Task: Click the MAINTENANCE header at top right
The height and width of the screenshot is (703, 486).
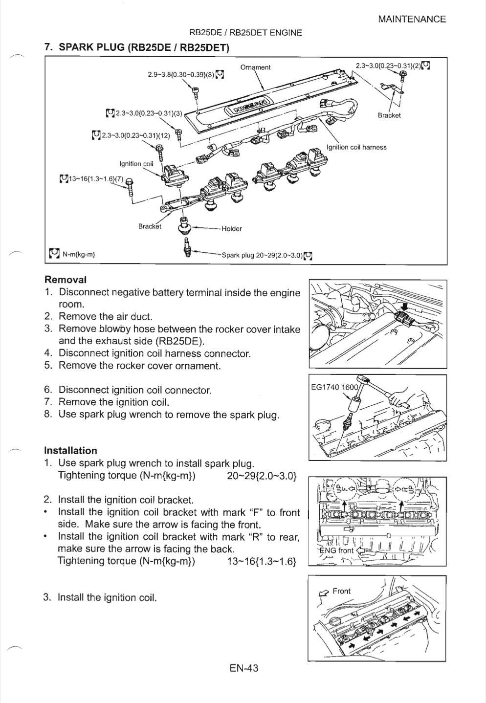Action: [412, 19]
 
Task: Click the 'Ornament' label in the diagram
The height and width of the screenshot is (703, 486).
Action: [255, 67]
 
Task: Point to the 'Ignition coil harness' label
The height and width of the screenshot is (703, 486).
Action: [356, 147]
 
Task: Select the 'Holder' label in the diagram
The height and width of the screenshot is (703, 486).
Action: [231, 228]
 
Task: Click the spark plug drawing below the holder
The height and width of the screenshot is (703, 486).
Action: [186, 247]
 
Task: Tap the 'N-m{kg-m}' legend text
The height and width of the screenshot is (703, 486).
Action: [79, 254]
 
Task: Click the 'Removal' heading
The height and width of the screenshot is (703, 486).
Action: [66, 280]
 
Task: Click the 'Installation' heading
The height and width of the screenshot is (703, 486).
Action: [70, 450]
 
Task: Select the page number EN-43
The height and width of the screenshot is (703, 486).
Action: [243, 668]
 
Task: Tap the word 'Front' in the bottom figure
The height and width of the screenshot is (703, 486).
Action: [341, 591]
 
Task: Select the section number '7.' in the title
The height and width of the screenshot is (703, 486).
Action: [48, 47]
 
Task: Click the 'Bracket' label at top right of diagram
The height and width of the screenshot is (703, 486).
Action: [389, 115]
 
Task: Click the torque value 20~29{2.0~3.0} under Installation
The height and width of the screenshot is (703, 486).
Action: [262, 475]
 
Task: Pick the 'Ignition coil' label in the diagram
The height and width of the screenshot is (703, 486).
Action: [136, 164]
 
